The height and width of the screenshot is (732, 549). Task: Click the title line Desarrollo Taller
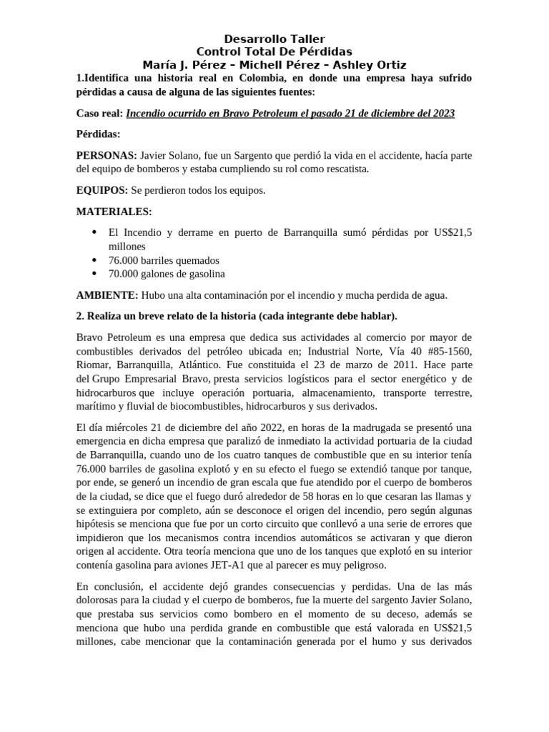point(274,39)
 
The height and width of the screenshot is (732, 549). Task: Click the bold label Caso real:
point(99,114)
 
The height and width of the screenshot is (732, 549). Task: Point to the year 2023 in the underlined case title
point(441,114)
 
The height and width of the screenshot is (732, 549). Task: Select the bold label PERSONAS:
point(107,155)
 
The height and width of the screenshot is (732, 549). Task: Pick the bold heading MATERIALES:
point(114,211)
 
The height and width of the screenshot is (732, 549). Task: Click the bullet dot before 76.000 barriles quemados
point(95,260)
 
